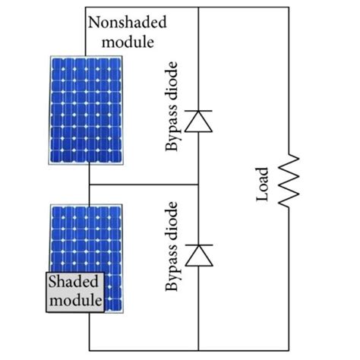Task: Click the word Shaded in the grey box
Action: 74,283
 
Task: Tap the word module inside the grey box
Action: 74,301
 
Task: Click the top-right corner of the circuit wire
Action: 289,8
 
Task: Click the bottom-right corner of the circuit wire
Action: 289,351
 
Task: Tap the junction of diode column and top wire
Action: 198,8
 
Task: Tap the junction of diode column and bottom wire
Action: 198,351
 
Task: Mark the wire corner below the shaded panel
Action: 89,351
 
